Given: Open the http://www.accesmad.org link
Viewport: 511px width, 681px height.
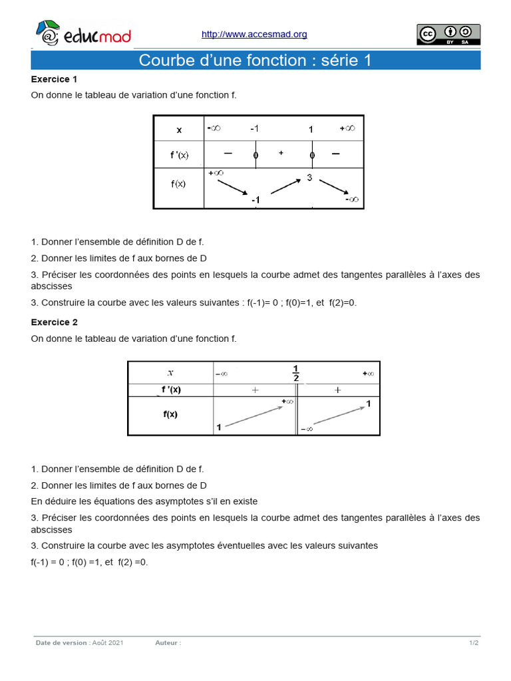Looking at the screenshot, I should point(254,35).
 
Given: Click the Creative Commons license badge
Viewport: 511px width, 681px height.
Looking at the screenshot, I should point(448,35).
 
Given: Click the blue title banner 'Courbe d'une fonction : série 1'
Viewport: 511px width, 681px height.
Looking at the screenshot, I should point(255,61).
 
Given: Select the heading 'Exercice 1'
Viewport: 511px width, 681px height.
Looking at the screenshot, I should point(55,79).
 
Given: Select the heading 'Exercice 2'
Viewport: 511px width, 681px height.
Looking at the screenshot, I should point(55,322).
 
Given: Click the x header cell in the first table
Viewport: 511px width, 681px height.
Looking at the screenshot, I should point(179,130).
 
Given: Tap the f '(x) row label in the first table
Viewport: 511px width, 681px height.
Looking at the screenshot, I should point(179,155).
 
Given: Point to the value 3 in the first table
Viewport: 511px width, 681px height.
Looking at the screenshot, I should point(309,178).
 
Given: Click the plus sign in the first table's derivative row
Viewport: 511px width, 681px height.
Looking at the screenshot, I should point(281,154).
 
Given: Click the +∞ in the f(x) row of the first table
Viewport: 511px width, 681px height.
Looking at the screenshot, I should point(216,173).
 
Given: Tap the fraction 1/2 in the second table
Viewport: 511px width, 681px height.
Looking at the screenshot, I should point(296,373).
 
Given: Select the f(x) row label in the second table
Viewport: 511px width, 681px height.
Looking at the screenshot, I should point(170,414).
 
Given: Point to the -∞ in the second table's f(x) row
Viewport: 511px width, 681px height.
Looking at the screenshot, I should point(307,429).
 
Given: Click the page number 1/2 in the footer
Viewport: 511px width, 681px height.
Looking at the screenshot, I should point(474,643).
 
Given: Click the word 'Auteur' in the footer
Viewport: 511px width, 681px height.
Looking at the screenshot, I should point(167,643).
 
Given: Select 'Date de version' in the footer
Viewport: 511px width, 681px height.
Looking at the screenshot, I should point(61,643).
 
